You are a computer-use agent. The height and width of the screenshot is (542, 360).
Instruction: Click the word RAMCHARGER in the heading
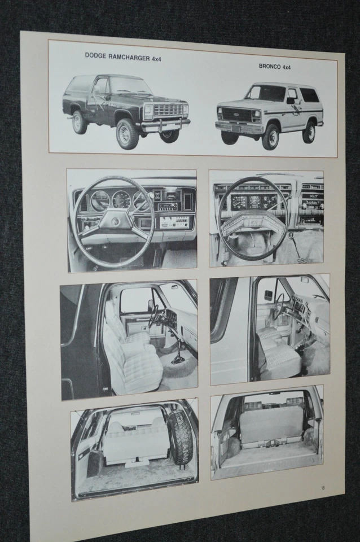coord(128,56)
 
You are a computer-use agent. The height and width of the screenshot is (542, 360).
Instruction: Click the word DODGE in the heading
coord(95,55)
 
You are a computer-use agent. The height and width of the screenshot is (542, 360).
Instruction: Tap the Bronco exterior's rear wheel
coord(309,132)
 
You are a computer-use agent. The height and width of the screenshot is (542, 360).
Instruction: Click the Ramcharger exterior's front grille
coord(168,110)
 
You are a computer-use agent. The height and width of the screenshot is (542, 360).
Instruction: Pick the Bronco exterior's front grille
coord(234,114)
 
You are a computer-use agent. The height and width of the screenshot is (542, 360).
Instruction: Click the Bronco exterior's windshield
coord(265,93)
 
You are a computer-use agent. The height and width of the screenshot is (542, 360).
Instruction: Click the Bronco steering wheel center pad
coord(253,221)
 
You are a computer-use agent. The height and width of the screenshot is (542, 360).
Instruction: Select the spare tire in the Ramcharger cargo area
coord(181,438)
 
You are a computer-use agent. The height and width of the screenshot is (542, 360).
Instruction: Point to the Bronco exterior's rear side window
coord(309,95)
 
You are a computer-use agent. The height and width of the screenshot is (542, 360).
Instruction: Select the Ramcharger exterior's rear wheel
coord(80,122)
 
